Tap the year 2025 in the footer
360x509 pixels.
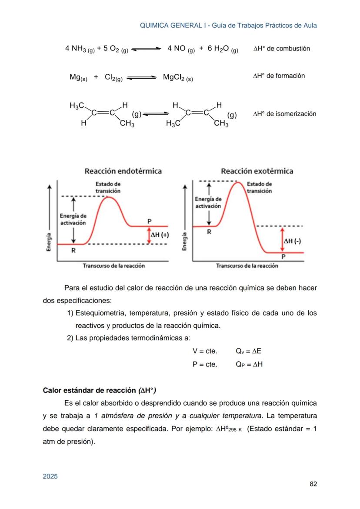tap(50, 476)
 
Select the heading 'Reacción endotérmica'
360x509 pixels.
tap(123, 171)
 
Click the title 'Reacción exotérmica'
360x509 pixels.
tap(257, 171)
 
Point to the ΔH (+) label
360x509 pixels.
tap(160, 235)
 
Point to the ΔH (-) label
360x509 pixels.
tap(292, 241)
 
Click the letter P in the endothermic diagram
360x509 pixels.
tap(149, 221)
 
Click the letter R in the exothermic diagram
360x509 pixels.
tap(209, 232)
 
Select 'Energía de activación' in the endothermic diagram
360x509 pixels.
tap(73, 219)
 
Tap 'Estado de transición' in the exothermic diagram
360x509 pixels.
tap(259, 187)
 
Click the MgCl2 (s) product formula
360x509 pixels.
tap(178, 78)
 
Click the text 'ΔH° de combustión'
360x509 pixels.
tap(281, 49)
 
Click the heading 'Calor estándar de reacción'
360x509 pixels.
tap(100, 390)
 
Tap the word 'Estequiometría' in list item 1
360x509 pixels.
tap(100, 313)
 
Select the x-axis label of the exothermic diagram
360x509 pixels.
tap(247, 266)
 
